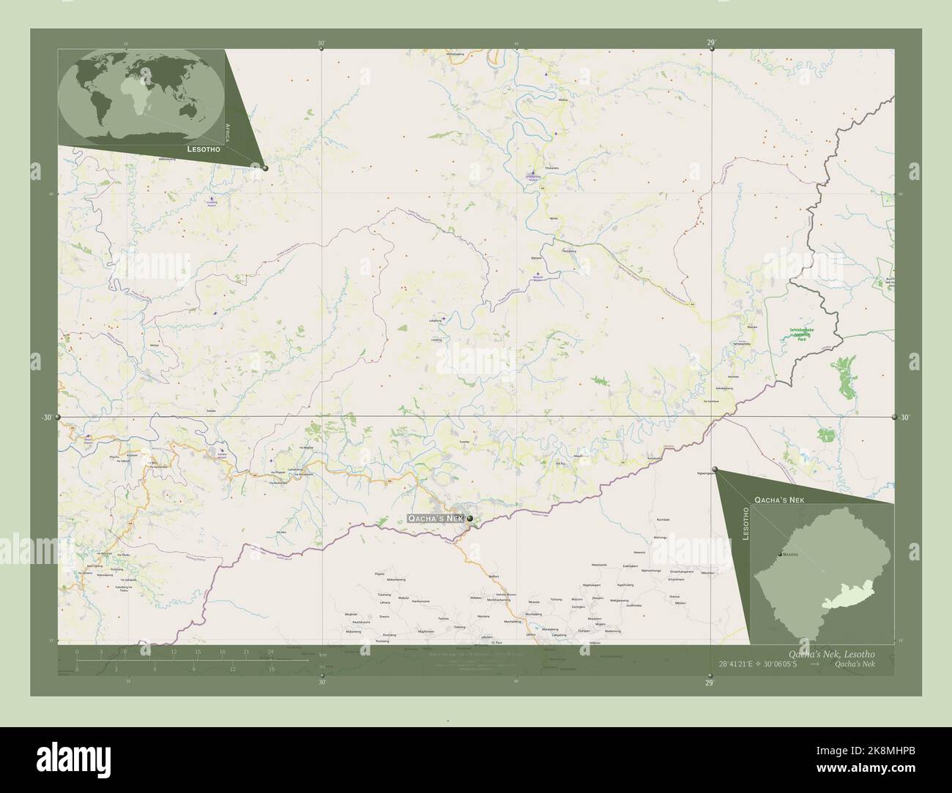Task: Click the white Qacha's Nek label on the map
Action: pyautogui.click(x=435, y=519)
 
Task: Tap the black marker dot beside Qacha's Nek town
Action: pyautogui.click(x=469, y=519)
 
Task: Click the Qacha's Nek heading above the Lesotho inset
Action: pyautogui.click(x=779, y=497)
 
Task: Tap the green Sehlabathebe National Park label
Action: pyautogui.click(x=805, y=335)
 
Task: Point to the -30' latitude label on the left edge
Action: pyautogui.click(x=46, y=418)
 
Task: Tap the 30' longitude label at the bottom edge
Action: pyautogui.click(x=321, y=683)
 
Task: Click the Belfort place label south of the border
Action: pyautogui.click(x=494, y=576)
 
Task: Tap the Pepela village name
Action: pyautogui.click(x=379, y=574)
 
